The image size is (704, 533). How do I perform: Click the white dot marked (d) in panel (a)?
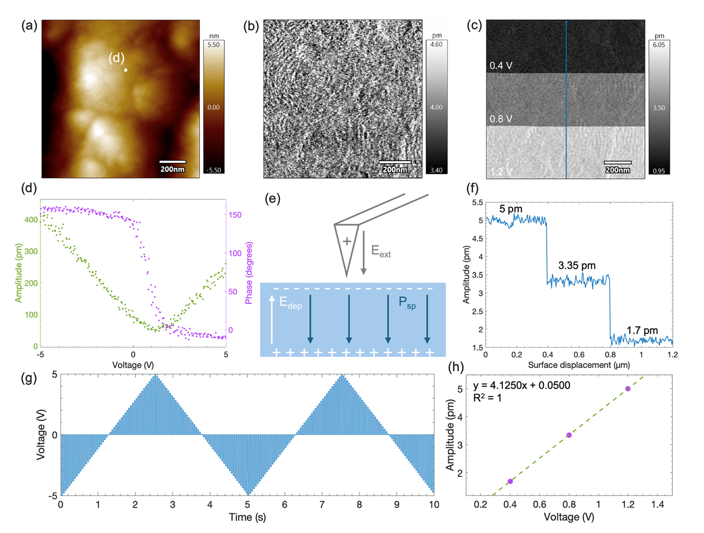(x=125, y=70)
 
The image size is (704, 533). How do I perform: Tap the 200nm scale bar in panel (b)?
(x=395, y=162)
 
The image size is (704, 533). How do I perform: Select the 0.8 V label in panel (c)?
(x=501, y=119)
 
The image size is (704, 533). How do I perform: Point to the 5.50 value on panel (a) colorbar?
(x=213, y=45)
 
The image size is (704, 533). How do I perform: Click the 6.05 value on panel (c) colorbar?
(x=659, y=45)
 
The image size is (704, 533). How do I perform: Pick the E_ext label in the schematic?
(x=381, y=251)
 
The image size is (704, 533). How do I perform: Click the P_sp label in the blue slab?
(x=407, y=303)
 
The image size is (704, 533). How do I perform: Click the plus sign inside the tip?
(x=347, y=242)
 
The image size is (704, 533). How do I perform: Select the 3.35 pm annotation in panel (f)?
(x=577, y=265)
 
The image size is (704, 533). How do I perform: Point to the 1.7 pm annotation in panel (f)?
(x=642, y=331)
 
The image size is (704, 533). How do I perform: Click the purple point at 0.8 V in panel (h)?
(x=569, y=435)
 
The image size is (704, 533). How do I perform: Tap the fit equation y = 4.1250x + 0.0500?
(x=522, y=385)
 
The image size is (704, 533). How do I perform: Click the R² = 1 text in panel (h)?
(x=488, y=397)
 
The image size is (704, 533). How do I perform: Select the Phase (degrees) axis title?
(x=249, y=273)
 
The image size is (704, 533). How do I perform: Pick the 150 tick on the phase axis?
(x=235, y=215)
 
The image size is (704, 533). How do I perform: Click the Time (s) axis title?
(x=247, y=517)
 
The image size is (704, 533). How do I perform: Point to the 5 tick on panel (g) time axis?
(x=248, y=505)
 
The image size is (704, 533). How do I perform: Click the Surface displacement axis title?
(x=579, y=365)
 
